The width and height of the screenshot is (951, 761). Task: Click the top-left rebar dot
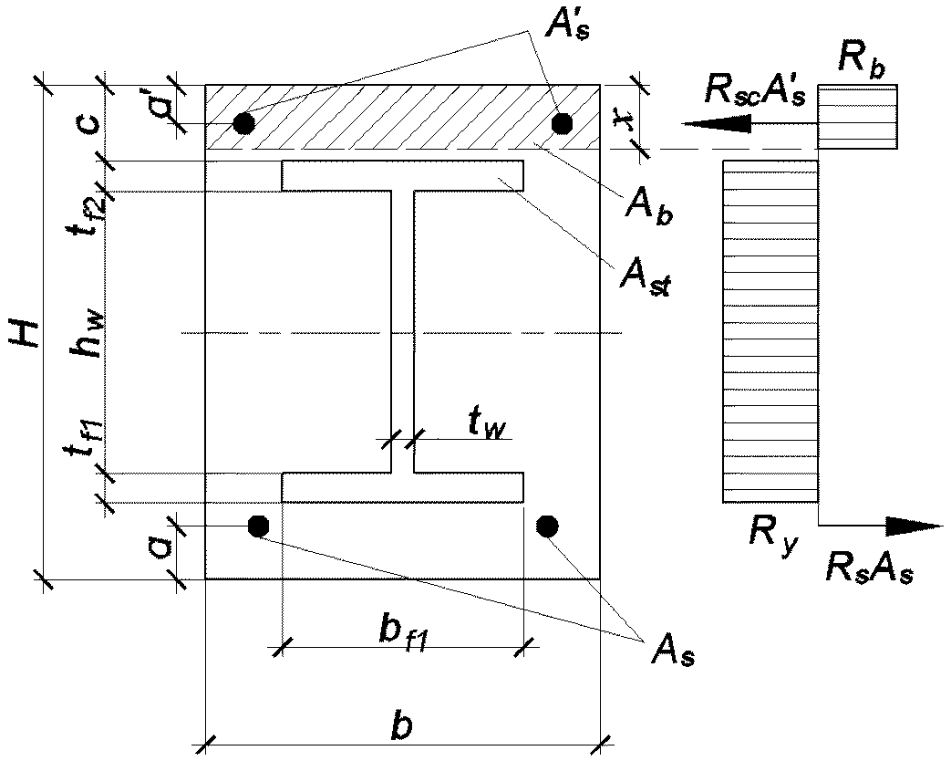(243, 123)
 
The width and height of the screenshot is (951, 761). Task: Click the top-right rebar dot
(563, 122)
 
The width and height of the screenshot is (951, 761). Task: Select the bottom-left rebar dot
(258, 526)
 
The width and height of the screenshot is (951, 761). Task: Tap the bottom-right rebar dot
(547, 526)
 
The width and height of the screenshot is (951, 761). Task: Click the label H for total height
(25, 332)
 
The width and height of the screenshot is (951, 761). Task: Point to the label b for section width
(401, 725)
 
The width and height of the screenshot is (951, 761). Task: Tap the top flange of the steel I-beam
(403, 176)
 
